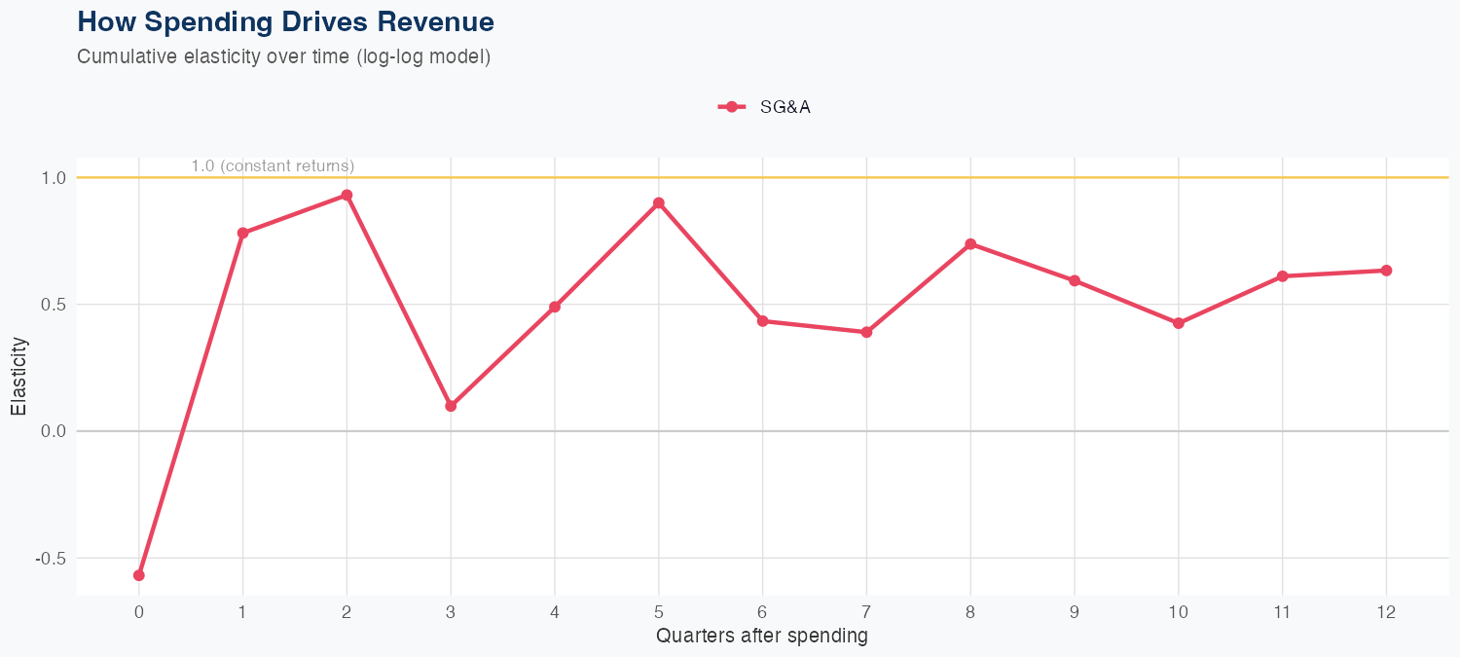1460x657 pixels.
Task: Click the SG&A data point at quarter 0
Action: click(x=139, y=575)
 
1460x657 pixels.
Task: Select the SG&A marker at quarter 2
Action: click(x=347, y=195)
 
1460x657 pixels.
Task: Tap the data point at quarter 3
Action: click(x=451, y=406)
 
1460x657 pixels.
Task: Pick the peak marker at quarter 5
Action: click(x=659, y=202)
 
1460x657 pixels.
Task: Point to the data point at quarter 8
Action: click(x=970, y=243)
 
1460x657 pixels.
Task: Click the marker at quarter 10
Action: click(x=1179, y=323)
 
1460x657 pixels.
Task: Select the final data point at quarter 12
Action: click(x=1386, y=271)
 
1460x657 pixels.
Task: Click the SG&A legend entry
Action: click(x=764, y=107)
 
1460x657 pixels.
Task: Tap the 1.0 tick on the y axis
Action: click(x=54, y=178)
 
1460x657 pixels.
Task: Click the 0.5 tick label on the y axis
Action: click(x=54, y=305)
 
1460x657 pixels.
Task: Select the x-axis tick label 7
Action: click(x=866, y=612)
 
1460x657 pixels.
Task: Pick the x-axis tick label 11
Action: click(x=1282, y=612)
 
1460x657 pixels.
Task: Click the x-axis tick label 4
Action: click(x=555, y=612)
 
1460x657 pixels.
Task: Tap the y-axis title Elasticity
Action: click(x=19, y=377)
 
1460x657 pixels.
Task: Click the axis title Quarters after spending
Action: click(x=762, y=637)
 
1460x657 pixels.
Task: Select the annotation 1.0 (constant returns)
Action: click(x=273, y=166)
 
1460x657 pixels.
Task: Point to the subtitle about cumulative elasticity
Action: click(x=283, y=56)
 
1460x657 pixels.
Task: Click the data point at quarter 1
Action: click(x=242, y=234)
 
